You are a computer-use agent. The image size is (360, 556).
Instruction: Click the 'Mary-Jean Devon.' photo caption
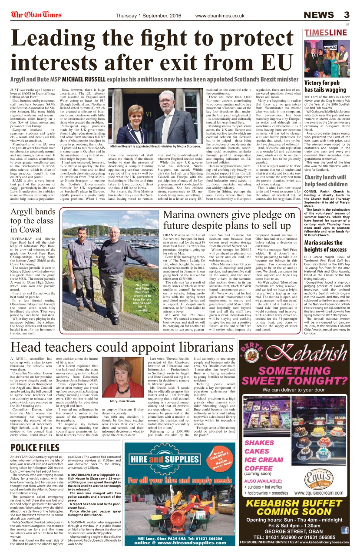pos(122,401)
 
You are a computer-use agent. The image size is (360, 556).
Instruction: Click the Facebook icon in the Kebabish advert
pos(345,530)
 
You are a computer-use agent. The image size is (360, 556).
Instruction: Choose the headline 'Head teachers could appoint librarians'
pos(122,347)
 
